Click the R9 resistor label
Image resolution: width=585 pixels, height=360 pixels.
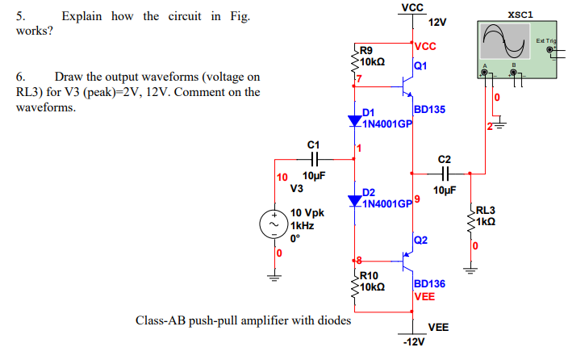[x=366, y=50]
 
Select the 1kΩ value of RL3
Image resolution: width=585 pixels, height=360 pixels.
[x=487, y=221]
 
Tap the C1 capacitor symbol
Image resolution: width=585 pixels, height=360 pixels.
[x=315, y=159]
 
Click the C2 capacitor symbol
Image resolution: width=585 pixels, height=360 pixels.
[x=445, y=172]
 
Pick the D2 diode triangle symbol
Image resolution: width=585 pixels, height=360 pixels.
[x=355, y=199]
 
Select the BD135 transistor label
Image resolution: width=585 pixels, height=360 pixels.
[x=428, y=109]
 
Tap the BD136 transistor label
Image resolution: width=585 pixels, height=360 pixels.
[x=428, y=284]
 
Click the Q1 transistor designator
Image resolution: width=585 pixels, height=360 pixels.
[x=420, y=65]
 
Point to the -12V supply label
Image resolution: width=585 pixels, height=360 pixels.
[x=412, y=343]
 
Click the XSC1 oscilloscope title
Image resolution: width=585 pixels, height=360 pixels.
[x=520, y=14]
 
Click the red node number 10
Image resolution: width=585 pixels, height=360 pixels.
[x=282, y=177]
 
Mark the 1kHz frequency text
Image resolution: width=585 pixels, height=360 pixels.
[x=301, y=227]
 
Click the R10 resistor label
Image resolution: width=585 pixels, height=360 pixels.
[x=370, y=276]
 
